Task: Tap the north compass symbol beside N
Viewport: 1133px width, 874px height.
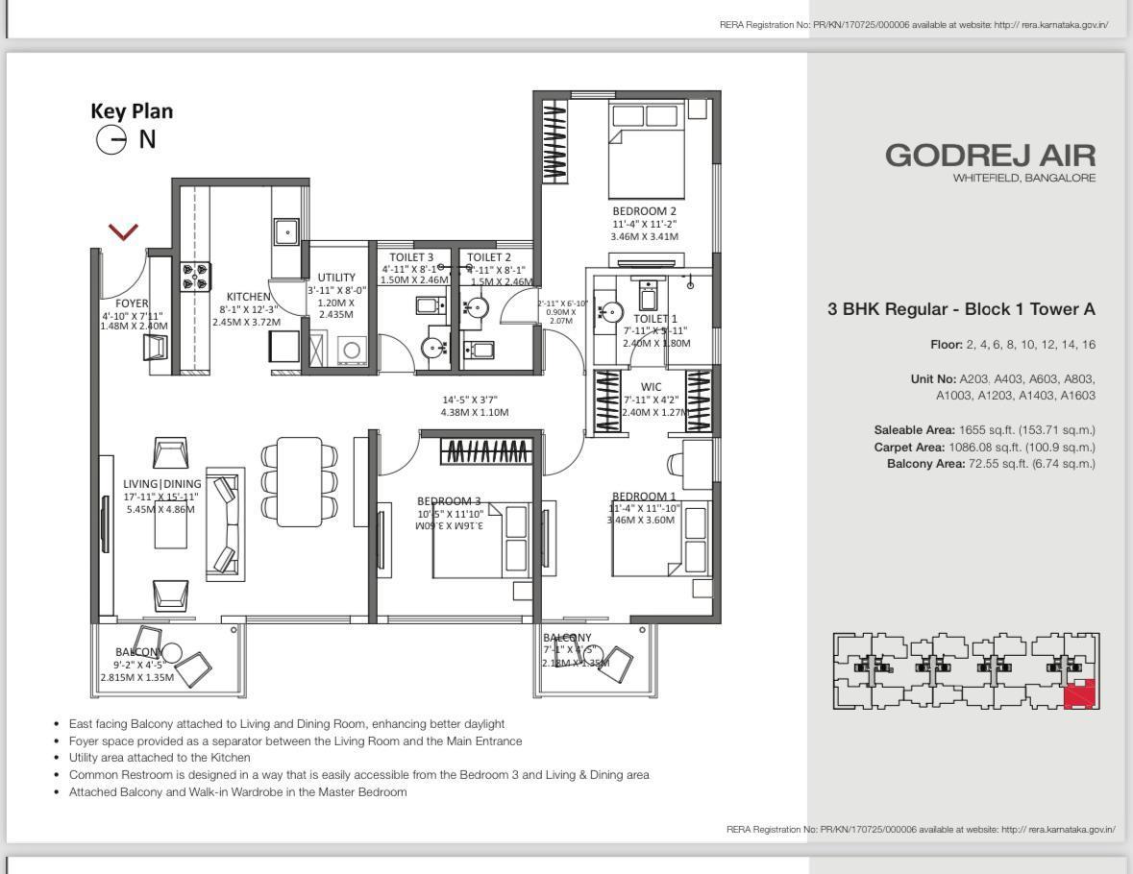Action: [x=111, y=140]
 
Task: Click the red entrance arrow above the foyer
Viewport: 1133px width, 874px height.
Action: [x=123, y=231]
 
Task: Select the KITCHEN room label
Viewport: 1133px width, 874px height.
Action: [x=248, y=297]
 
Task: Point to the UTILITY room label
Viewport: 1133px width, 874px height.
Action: [x=336, y=278]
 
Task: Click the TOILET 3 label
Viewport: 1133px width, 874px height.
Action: [x=411, y=257]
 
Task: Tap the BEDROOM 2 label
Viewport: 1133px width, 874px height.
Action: [x=644, y=211]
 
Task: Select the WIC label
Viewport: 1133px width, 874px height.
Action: [x=651, y=387]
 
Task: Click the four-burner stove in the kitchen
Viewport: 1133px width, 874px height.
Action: [x=195, y=277]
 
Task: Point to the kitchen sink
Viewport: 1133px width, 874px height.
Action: [x=285, y=231]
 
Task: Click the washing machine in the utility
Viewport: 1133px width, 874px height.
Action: [x=351, y=350]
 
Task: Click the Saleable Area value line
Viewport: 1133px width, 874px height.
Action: [x=984, y=430]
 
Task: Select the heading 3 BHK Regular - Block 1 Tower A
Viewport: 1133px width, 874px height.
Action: [x=961, y=309]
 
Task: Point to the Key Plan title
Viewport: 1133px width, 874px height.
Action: [x=132, y=111]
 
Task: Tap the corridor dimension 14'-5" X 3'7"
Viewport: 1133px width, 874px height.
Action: [x=470, y=400]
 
